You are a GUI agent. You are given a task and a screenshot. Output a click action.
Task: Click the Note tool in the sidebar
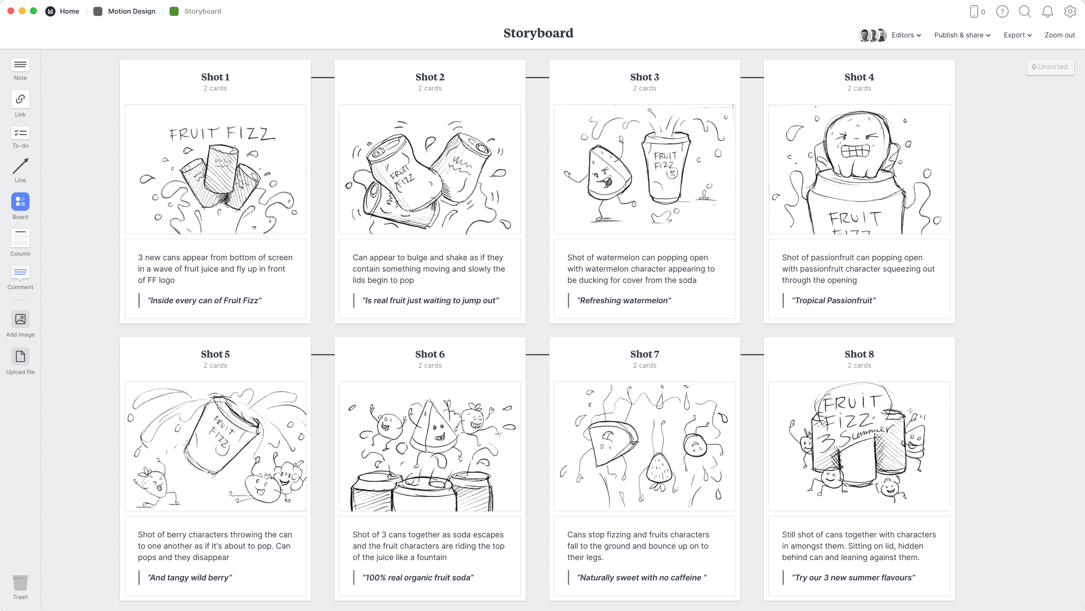20,66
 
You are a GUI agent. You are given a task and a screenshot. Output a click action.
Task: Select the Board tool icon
20,202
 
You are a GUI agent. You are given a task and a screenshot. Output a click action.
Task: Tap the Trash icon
20,583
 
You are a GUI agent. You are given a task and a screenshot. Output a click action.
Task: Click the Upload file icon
20,357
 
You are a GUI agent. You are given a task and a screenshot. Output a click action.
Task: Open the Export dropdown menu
1017,35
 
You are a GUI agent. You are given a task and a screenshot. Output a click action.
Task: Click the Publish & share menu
962,35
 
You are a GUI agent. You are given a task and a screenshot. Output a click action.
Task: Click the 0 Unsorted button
1050,67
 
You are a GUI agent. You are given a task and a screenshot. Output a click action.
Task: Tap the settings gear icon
1070,11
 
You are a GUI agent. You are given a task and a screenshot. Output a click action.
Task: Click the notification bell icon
1047,11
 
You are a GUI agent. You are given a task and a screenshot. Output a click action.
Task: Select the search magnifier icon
1024,11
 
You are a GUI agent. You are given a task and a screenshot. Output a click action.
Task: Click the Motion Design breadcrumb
131,11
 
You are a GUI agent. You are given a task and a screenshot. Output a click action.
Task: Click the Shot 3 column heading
644,77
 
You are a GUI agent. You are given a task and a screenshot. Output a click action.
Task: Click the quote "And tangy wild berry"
190,578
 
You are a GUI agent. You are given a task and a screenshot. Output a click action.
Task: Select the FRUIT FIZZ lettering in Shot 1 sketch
222,133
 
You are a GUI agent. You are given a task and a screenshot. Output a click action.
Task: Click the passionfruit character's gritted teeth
855,151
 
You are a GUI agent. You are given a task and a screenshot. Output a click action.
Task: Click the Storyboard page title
538,33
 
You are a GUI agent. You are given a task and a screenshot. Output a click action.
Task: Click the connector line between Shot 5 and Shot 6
322,355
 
